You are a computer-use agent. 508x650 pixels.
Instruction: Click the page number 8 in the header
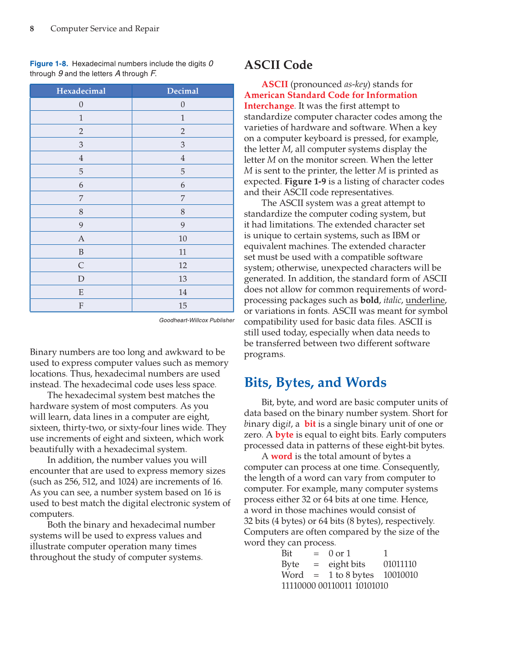[32, 29]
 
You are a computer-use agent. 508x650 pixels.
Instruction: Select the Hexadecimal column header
[81, 91]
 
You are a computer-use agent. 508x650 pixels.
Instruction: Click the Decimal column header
[182, 91]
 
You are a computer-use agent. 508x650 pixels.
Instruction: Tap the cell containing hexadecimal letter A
[81, 239]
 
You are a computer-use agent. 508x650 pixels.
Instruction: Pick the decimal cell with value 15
[182, 305]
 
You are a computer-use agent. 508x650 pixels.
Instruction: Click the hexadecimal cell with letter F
[81, 305]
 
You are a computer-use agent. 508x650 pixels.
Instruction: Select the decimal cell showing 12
[182, 265]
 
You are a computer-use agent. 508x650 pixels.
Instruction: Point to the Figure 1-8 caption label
[49, 64]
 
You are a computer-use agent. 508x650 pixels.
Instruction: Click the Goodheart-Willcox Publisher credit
[196, 320]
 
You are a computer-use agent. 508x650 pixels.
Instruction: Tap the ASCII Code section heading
[278, 65]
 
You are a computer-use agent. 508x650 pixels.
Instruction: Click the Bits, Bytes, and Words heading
[315, 382]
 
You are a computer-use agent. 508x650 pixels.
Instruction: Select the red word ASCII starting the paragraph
[275, 84]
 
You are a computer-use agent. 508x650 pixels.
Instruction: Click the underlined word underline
[425, 300]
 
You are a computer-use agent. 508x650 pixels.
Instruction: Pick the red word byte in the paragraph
[284, 435]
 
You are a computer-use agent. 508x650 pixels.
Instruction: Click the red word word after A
[281, 456]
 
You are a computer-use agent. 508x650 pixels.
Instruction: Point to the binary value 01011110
[399, 564]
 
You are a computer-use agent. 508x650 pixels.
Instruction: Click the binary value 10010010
[400, 575]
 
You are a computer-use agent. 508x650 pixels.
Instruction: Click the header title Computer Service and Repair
[105, 29]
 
